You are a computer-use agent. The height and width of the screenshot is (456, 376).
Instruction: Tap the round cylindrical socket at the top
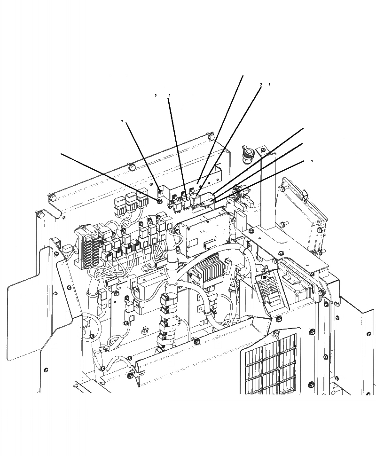248,153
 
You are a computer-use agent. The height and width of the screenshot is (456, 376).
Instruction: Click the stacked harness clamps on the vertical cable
165,320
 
